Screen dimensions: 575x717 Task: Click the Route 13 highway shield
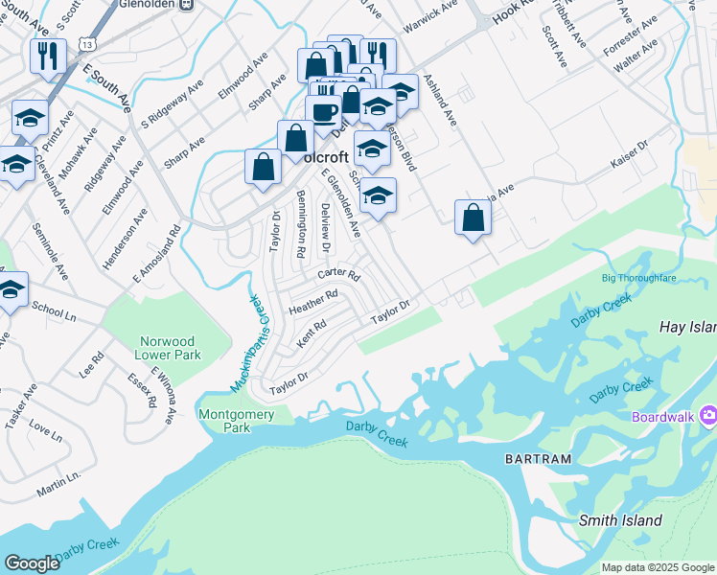88,45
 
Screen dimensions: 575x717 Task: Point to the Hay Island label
687,327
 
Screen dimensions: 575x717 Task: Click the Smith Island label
620,520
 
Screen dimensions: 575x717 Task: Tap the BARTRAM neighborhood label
538,459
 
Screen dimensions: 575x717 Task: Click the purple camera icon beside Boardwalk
708,416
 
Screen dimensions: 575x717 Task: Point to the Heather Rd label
313,302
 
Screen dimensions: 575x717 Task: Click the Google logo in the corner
32,563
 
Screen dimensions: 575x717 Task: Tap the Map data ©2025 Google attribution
658,567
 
